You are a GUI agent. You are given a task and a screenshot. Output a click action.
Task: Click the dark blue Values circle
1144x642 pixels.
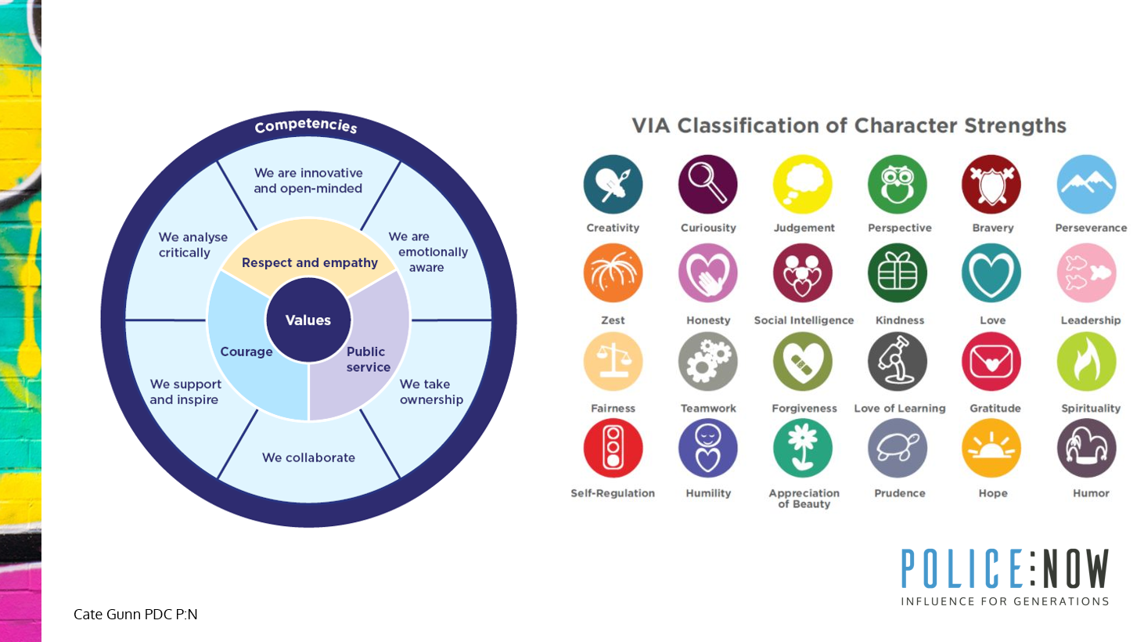pyautogui.click(x=308, y=320)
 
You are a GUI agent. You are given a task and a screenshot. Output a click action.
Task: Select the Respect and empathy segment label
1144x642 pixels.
pyautogui.click(x=310, y=263)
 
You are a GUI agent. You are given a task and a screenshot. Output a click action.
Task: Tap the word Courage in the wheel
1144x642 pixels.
pyautogui.click(x=246, y=352)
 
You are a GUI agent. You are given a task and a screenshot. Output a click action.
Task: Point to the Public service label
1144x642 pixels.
pyautogui.click(x=369, y=359)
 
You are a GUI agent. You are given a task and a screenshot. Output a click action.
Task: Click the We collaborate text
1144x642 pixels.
pyautogui.click(x=308, y=457)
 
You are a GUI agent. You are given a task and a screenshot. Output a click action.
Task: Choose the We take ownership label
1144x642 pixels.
pyautogui.click(x=432, y=391)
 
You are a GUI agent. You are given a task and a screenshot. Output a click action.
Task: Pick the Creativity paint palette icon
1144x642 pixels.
pyautogui.click(x=613, y=185)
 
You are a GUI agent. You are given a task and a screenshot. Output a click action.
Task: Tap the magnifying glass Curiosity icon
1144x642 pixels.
pyautogui.click(x=708, y=185)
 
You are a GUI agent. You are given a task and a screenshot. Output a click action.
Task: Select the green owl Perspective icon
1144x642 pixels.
pyautogui.click(x=898, y=185)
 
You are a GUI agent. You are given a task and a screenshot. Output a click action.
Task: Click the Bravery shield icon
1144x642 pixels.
pyautogui.click(x=991, y=185)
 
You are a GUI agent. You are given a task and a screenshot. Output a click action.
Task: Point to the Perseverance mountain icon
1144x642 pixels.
pyautogui.click(x=1087, y=185)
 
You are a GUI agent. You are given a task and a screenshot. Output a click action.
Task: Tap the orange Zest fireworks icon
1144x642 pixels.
pyautogui.click(x=613, y=273)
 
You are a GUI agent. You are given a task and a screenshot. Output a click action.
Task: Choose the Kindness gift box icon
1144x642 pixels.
pyautogui.click(x=898, y=273)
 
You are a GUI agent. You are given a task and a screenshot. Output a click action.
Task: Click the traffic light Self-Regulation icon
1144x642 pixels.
pyautogui.click(x=613, y=449)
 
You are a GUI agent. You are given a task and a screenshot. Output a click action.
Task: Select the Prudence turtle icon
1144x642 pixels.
pyautogui.click(x=898, y=449)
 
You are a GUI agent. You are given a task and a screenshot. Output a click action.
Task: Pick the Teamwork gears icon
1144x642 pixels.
pyautogui.click(x=708, y=362)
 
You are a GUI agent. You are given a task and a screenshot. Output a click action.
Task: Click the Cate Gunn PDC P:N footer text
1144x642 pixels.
pyautogui.click(x=135, y=615)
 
